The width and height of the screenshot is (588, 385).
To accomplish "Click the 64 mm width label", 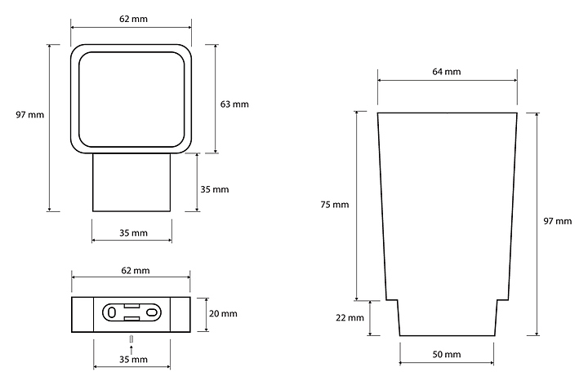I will pos(447,72).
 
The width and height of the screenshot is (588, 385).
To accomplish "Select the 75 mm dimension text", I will pos(335,205).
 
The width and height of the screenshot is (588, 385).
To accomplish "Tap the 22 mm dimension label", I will pos(350,318).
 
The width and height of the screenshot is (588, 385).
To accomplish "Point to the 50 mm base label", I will pos(447,354).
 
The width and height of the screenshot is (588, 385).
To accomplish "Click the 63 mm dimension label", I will pos(234,104).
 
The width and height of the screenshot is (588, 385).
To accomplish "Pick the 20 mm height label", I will pos(224,313).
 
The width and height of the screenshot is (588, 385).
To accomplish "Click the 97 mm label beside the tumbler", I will pos(558,222).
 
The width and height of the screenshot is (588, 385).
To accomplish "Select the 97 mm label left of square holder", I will pos(29,114).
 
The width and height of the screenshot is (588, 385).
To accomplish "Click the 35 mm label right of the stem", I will pos(215,189).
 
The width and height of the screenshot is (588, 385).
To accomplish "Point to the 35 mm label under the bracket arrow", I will pos(133,359).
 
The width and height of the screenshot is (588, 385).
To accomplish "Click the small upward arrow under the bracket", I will pos(131,348).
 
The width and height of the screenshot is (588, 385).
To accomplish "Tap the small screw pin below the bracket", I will pos(131,338).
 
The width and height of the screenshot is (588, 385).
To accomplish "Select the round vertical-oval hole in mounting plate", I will pos(111,312).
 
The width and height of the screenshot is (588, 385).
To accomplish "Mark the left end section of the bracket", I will pos(82,314).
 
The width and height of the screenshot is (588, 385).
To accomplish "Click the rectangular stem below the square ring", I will pos(131,183).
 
